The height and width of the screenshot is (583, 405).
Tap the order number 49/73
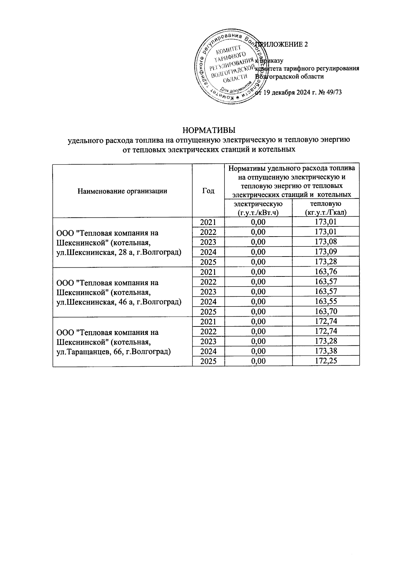click(333, 93)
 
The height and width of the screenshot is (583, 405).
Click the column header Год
click(208, 191)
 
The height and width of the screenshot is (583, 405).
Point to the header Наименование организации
click(122, 191)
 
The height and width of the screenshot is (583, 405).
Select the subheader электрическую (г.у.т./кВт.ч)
click(258, 208)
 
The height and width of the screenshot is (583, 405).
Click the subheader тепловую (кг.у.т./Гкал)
click(325, 208)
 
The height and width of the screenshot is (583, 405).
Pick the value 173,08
click(325, 242)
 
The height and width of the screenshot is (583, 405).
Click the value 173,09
click(325, 252)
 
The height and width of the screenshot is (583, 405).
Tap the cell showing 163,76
click(325, 272)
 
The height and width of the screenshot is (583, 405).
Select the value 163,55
click(325, 301)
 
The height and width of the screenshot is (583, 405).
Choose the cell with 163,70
click(325, 312)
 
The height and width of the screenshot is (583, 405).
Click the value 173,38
click(325, 351)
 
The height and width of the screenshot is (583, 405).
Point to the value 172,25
click(325, 361)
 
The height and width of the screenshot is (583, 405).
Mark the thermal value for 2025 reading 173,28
click(325, 262)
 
